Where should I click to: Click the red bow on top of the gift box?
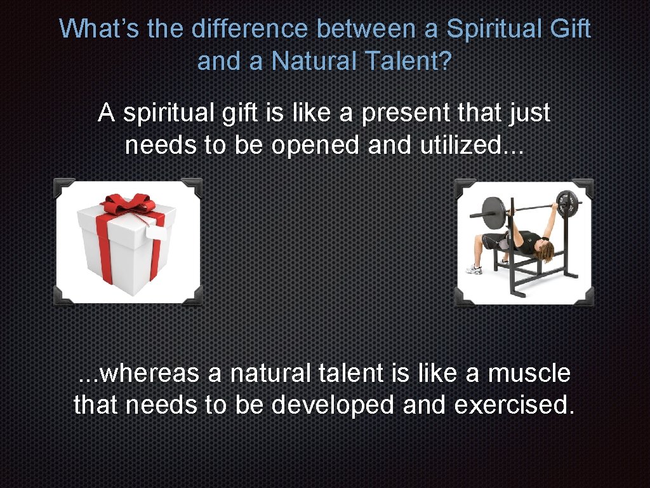pos(129,205)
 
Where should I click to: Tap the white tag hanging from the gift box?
pos(156,233)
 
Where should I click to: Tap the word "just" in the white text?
pos(529,114)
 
